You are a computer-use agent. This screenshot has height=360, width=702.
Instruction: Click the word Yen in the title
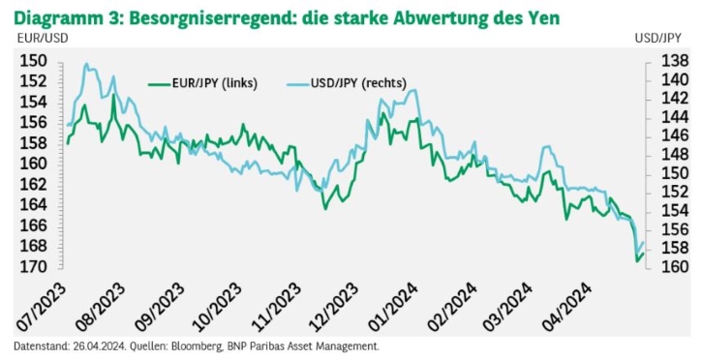coord(543,17)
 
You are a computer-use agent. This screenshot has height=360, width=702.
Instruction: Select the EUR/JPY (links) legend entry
coord(202,83)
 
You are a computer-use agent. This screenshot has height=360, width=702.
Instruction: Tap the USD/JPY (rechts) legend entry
coord(346,83)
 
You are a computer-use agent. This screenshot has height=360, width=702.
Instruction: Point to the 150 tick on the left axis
coord(33,61)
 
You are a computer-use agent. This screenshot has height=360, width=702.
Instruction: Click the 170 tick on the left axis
coord(33,266)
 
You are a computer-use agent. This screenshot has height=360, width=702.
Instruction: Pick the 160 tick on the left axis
coord(33,164)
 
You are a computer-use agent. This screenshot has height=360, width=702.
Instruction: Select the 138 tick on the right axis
coord(675,61)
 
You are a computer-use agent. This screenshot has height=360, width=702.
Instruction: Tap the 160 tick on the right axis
coord(675,266)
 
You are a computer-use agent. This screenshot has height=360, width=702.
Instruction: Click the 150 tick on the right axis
coord(675,173)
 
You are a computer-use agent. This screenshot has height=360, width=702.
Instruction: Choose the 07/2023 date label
coord(41,308)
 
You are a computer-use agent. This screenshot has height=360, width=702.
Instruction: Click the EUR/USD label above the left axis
coord(43,39)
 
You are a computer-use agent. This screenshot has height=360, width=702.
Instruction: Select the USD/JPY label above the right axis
coord(657,39)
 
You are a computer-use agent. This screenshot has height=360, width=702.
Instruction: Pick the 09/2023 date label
coord(158,308)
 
